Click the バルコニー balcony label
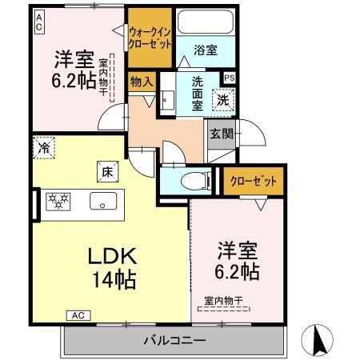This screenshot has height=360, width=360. [x=174, y=340]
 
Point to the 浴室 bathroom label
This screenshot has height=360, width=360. [x=206, y=50]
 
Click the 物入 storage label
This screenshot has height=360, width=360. [x=142, y=81]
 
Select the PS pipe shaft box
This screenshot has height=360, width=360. [x=230, y=78]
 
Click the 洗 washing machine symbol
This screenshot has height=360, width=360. [x=224, y=101]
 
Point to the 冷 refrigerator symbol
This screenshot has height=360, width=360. [x=44, y=148]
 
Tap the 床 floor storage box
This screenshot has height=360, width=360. [x=106, y=170]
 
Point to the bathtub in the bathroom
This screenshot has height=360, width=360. [x=206, y=22]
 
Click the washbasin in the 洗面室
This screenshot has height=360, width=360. [x=169, y=99]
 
